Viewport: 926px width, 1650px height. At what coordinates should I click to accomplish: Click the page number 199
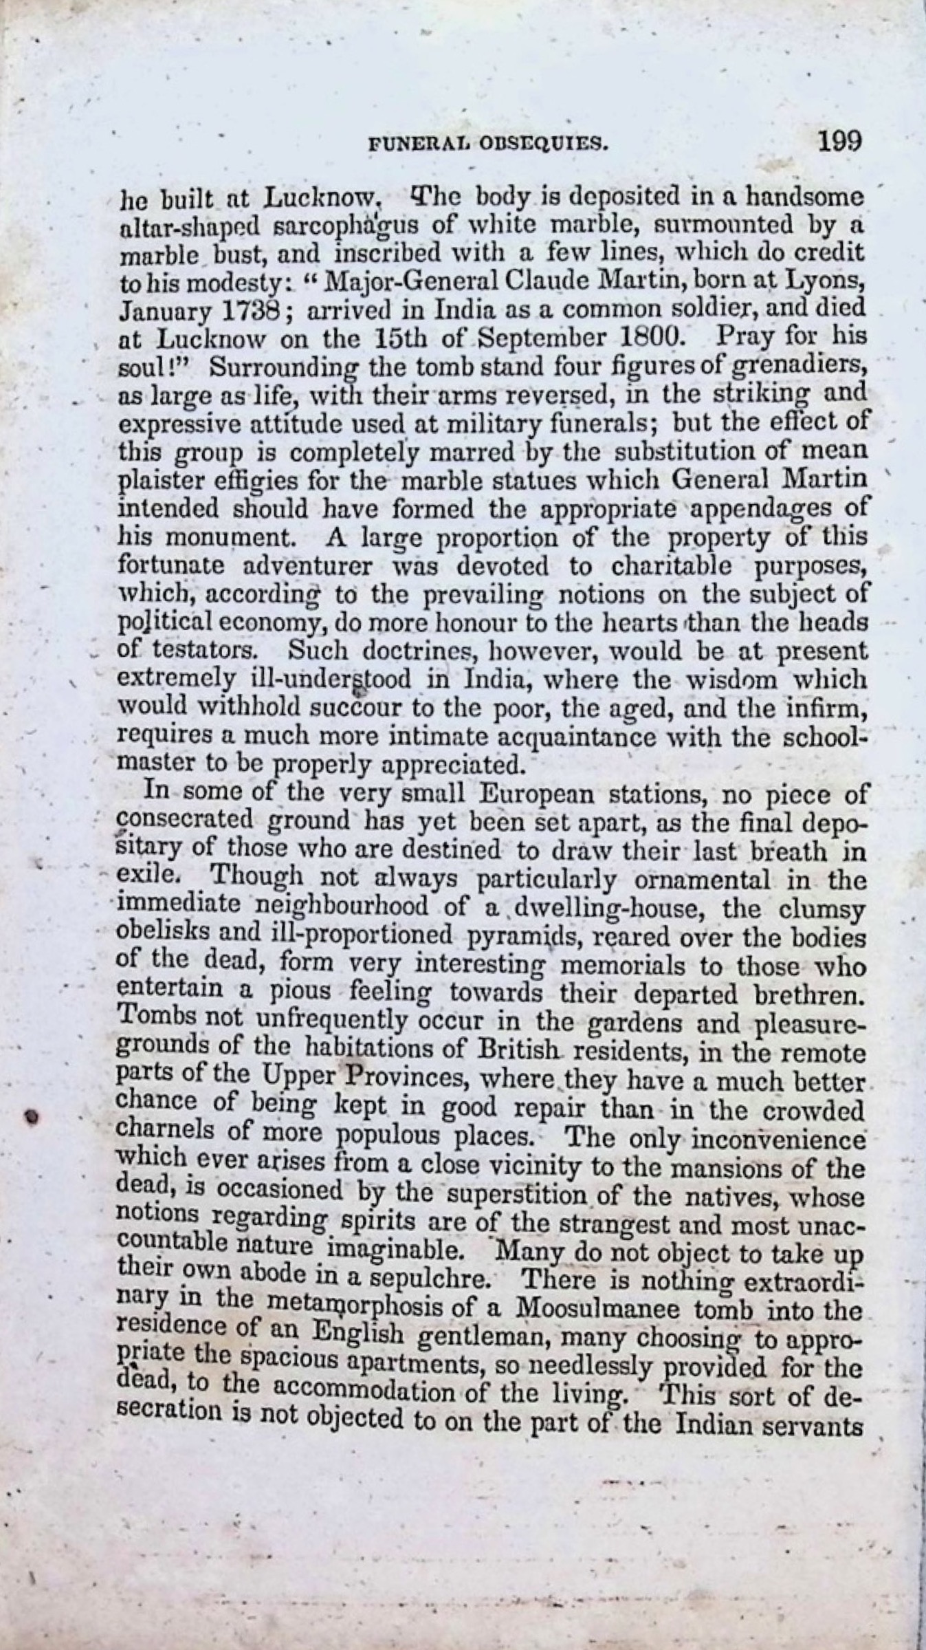click(839, 142)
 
